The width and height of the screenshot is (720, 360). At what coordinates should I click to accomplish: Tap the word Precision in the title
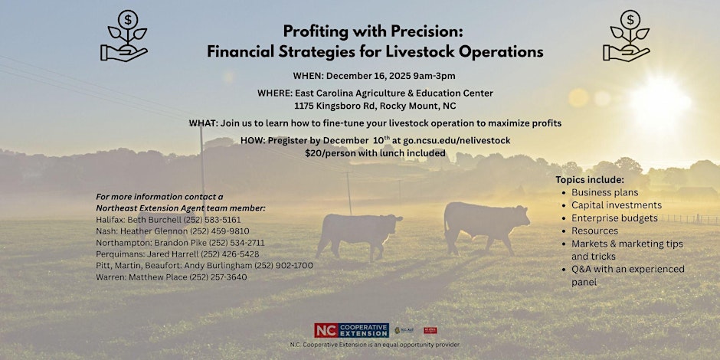(x=430, y=32)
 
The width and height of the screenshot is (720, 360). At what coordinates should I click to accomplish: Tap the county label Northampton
(x=124, y=242)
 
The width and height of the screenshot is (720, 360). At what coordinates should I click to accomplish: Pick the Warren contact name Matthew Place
(x=160, y=277)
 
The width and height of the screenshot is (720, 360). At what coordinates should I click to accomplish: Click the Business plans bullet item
(x=604, y=192)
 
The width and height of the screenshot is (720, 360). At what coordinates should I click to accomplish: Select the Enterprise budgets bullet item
(x=614, y=218)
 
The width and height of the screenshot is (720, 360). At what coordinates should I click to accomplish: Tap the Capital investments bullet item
(x=616, y=205)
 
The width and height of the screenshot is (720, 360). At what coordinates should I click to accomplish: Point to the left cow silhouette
(x=358, y=233)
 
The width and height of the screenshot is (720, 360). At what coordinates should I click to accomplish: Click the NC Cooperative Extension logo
(x=351, y=330)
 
